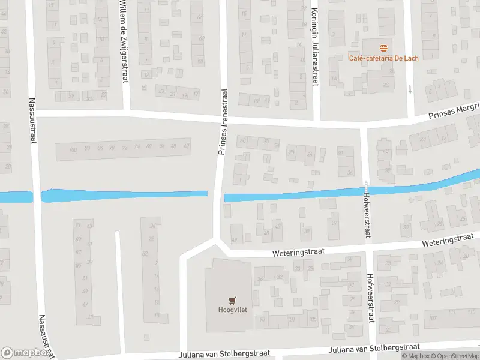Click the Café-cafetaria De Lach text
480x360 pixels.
(x=384, y=58)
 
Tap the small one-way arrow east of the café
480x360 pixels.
(x=410, y=89)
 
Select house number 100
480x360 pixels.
(x=73, y=149)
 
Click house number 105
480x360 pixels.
(x=312, y=319)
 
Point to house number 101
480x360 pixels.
(x=293, y=319)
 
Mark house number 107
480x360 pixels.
(x=433, y=317)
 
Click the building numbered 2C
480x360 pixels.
(x=386, y=85)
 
